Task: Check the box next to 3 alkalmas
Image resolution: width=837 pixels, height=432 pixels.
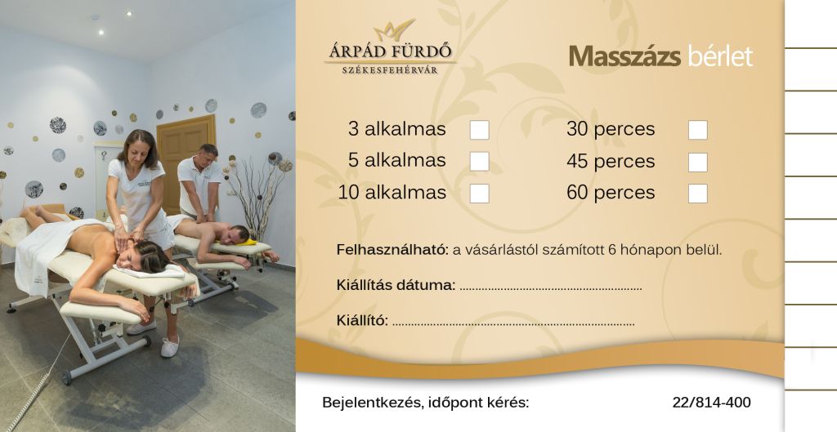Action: coord(479,130)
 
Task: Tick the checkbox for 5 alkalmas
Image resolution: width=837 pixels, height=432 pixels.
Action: coord(479,161)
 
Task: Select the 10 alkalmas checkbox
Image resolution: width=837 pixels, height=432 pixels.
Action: coord(479,193)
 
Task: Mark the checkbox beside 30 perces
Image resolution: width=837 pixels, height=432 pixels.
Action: coord(698,130)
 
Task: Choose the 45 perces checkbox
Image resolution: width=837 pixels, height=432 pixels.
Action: coord(698,163)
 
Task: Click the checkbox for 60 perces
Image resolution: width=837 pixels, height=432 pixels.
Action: coord(698,193)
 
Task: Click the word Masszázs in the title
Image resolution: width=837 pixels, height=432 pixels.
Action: coord(624,56)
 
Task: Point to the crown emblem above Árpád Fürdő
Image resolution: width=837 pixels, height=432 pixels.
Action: coord(394,30)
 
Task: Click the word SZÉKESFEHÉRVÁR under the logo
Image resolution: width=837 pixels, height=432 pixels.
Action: coord(390,70)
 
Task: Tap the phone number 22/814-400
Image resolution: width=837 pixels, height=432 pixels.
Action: coord(712,402)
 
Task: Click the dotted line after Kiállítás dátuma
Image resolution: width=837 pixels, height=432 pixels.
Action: coord(551,288)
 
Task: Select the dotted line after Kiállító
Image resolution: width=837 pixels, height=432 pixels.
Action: coord(513,323)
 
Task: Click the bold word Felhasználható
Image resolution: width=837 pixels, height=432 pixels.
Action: coord(392,250)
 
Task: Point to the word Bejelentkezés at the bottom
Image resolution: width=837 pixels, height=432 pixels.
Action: coord(369,403)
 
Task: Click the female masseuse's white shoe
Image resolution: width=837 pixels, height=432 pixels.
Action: coord(170,347)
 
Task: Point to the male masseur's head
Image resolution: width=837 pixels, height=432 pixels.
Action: coord(208,154)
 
